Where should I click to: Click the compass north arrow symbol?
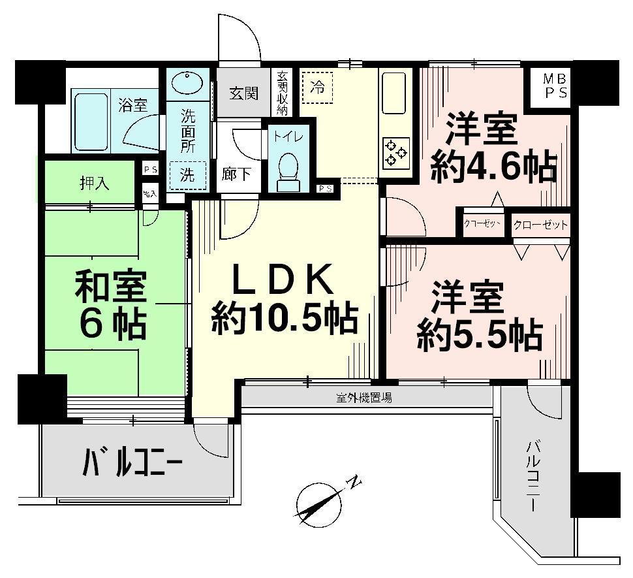pos(320,502)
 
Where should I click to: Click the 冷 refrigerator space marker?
pos(317,86)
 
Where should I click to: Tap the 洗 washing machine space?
pos(188,176)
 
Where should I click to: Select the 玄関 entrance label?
pos(243,93)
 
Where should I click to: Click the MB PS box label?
pos(556,86)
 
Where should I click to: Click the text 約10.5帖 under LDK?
pos(285,319)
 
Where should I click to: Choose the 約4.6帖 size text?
pos(493,167)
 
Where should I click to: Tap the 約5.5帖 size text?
pos(480,336)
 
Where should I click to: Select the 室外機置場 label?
pos(364,397)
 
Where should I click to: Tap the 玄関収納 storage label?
pos(283,93)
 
